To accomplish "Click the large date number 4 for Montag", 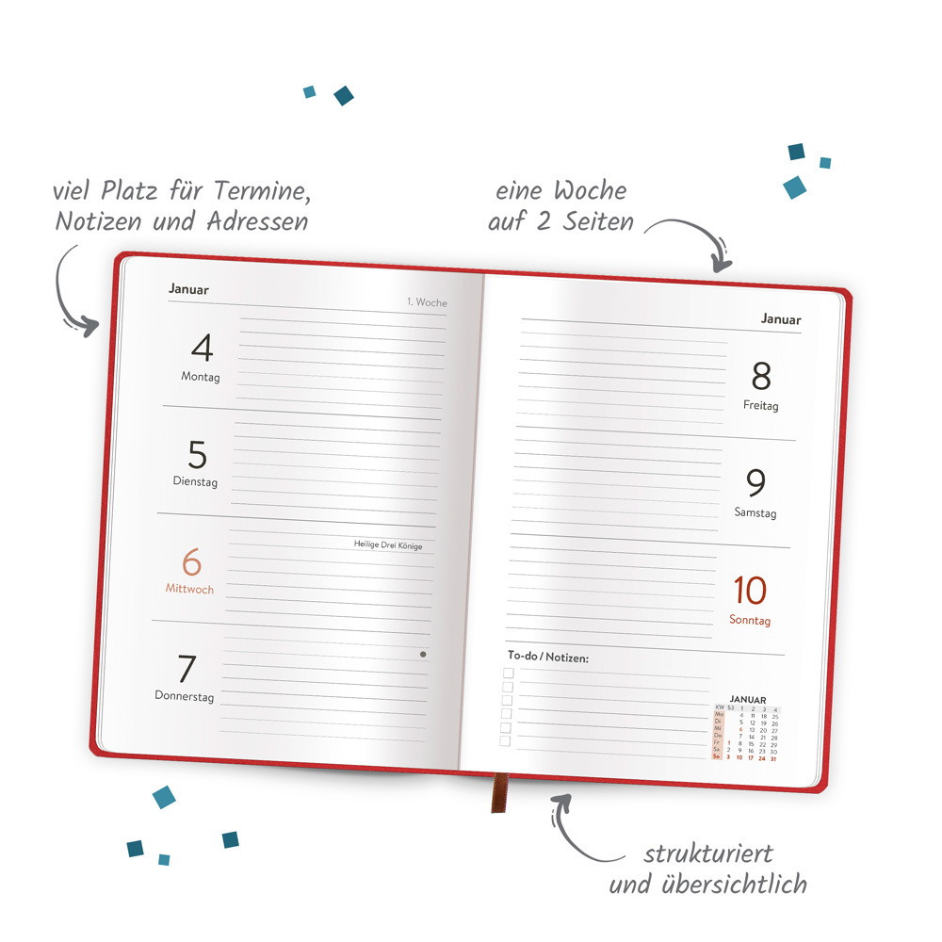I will click(202, 349).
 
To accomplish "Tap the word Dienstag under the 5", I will click(195, 481).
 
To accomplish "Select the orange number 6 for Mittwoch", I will click(191, 563).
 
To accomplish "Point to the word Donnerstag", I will click(185, 697).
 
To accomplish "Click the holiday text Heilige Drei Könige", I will click(388, 544).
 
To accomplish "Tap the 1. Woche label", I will click(427, 302).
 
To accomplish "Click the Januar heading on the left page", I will click(188, 289).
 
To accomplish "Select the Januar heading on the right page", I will click(781, 319).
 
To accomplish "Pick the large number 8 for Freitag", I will click(761, 377).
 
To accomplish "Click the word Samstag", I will click(755, 513).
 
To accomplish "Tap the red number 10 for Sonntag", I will click(750, 592).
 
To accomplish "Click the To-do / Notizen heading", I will click(547, 657).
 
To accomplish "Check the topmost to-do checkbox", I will click(508, 673).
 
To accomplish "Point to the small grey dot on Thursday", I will click(423, 654).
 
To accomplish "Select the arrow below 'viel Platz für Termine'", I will click(71, 292).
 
